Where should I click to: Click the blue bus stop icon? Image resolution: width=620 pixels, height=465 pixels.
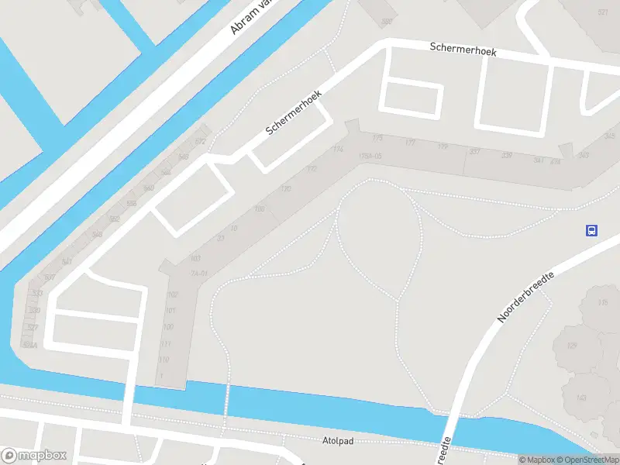tap(591, 230)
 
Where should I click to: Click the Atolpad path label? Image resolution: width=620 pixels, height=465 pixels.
tap(337, 441)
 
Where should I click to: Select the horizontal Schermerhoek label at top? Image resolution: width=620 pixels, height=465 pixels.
tap(463, 50)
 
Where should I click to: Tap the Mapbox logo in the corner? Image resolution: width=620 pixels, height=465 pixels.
tap(34, 455)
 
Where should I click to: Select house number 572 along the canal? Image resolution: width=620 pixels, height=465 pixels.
tap(200, 142)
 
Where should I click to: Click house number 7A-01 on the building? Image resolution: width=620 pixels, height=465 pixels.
tap(199, 274)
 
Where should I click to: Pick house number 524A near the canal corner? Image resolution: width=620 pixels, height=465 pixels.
tap(31, 345)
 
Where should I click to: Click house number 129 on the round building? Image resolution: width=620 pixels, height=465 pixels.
tap(572, 345)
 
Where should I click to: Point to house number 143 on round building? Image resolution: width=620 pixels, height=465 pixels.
tap(581, 398)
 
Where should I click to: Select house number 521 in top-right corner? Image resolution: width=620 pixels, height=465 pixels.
tap(602, 12)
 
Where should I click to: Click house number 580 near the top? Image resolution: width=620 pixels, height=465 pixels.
tap(386, 21)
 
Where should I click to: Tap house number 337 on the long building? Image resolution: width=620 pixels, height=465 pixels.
tap(474, 152)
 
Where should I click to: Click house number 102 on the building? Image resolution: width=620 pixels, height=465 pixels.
tap(172, 294)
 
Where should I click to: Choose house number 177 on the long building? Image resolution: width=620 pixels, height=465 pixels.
tap(410, 143)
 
